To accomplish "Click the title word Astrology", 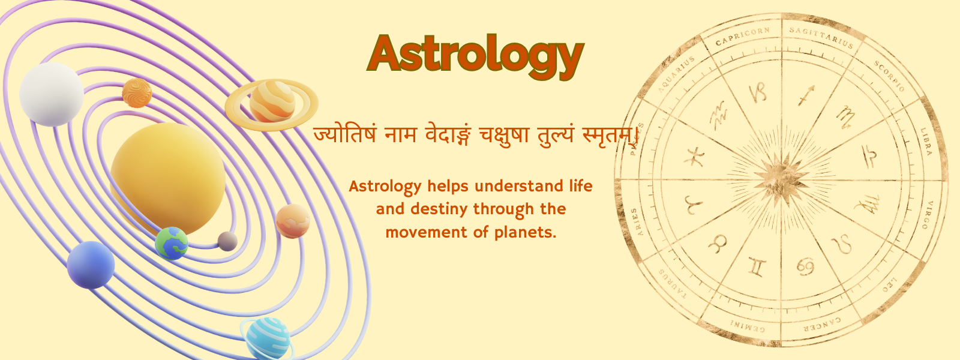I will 475,54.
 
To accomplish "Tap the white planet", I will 52,94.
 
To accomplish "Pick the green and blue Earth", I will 172,243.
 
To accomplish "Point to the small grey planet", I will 227,241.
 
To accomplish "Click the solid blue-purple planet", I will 91,265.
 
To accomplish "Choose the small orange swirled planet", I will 137,93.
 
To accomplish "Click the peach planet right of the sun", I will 293,221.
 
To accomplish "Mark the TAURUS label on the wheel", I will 673,284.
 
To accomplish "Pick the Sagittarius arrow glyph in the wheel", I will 806,95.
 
